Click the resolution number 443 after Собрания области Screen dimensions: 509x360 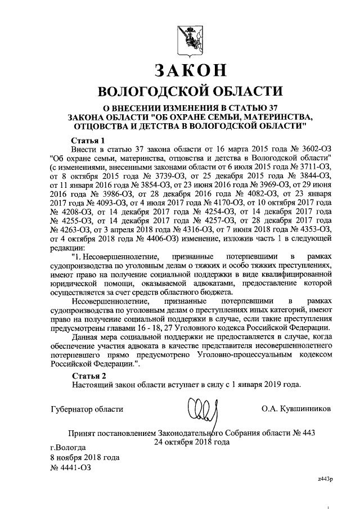pyautogui.click(x=308, y=434)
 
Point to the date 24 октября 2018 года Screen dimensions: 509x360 pyautogui.click(x=192, y=442)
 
